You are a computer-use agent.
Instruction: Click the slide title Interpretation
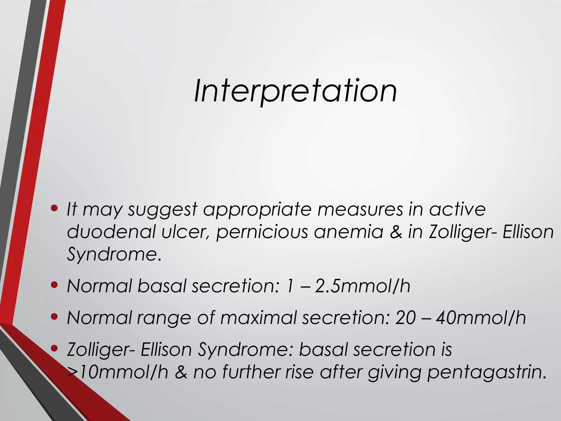point(295,91)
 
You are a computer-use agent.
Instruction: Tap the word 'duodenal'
point(111,232)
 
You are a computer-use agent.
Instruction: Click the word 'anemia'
point(348,232)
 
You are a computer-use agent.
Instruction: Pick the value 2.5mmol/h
point(362,286)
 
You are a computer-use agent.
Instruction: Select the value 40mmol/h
point(481,318)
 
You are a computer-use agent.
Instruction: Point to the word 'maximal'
point(258,318)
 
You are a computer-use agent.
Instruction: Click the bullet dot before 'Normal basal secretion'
point(54,285)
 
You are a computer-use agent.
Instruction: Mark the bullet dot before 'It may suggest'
point(54,209)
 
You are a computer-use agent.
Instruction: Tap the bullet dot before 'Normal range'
point(54,317)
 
